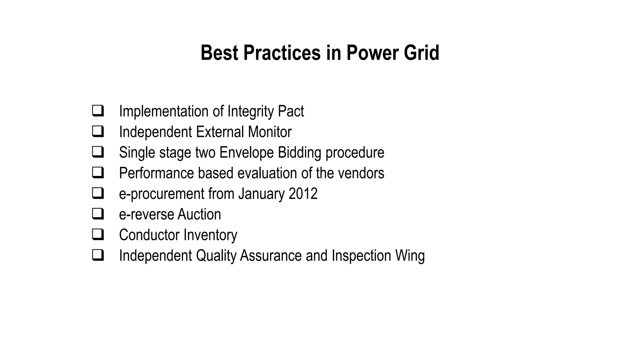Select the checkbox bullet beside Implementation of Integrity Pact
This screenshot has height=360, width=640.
click(x=98, y=111)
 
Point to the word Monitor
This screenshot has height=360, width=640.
click(x=269, y=132)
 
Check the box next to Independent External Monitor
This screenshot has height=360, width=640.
click(x=98, y=132)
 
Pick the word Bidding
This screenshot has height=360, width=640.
click(x=299, y=153)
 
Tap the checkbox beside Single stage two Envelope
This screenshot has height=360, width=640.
click(x=98, y=152)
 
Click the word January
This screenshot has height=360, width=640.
click(x=261, y=194)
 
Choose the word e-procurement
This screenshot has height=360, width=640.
click(x=162, y=194)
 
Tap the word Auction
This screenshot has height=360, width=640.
click(x=199, y=214)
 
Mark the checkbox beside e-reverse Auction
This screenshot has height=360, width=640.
click(x=98, y=214)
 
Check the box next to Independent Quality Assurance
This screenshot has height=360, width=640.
click(x=98, y=255)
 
